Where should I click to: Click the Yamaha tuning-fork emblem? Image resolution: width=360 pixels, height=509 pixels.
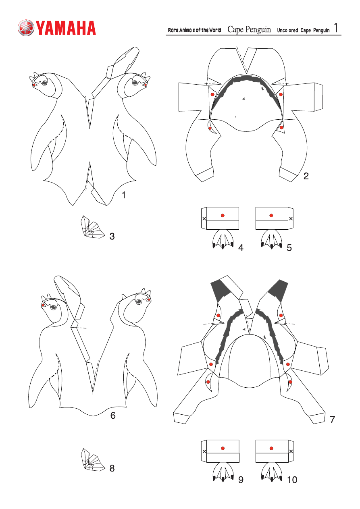pos(26,28)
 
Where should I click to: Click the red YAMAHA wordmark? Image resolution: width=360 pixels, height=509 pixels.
pos(66,28)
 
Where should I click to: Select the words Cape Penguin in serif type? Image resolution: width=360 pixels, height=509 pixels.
pos(249,29)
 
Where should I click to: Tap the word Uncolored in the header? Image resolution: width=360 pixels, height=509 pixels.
pos(287,30)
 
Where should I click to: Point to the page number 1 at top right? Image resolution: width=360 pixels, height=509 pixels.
pos(336,28)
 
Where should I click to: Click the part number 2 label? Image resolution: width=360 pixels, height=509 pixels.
pos(306,176)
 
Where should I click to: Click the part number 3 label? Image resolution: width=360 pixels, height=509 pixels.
pos(112,236)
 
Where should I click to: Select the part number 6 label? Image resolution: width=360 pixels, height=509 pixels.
pos(113,416)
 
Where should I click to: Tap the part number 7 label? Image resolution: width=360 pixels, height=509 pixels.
pos(332,420)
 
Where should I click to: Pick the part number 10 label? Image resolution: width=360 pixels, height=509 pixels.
pos(292,480)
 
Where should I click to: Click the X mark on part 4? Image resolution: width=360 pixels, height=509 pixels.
pos(204,218)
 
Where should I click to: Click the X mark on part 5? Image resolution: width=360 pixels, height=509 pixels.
pos(291,218)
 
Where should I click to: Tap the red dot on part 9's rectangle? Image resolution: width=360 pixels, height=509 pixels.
pos(223,448)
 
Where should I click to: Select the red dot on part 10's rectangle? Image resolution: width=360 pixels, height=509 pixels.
pos(271,448)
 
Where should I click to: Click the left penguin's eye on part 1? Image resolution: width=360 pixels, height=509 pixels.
pos(44,83)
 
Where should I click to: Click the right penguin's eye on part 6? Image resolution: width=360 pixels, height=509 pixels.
pos(138,301)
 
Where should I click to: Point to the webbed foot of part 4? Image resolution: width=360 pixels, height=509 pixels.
pos(223,239)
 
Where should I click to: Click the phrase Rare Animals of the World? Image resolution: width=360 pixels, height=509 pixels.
pos(194,30)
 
